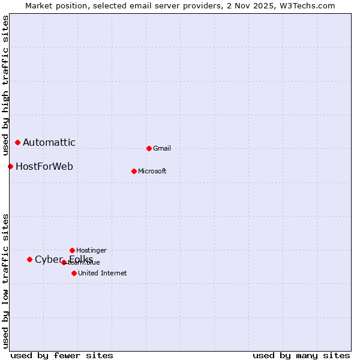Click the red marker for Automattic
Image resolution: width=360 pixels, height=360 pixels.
17,142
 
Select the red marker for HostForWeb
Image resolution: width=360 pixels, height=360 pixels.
10,166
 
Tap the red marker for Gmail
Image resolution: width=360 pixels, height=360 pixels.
149,148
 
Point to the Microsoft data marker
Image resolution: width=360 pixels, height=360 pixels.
134,171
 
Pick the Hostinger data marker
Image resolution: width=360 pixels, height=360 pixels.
72,250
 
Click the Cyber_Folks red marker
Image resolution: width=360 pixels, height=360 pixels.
29,259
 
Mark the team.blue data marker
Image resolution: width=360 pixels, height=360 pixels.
64,262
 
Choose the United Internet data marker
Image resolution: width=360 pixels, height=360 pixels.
74,273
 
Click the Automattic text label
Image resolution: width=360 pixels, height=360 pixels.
49,142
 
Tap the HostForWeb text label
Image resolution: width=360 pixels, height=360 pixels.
44,166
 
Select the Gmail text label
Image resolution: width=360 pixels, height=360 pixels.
162,148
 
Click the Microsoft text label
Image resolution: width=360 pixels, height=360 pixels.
152,171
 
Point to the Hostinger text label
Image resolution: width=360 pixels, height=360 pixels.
91,250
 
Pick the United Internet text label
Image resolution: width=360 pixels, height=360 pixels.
102,273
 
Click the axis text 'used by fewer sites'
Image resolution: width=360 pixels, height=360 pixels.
62,355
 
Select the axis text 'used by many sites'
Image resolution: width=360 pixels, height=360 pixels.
301,355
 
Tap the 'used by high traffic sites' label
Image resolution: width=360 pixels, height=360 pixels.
5,82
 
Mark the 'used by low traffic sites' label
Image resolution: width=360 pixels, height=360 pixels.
5,281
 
